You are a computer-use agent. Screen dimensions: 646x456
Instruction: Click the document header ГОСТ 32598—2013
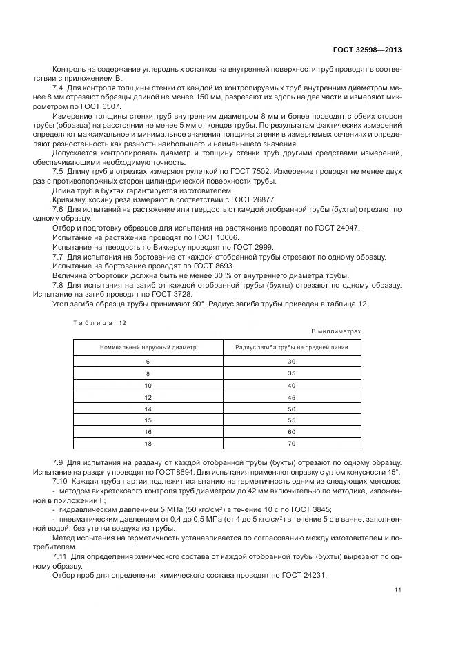(x=367, y=50)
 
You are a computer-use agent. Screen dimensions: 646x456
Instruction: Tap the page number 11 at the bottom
(x=398, y=590)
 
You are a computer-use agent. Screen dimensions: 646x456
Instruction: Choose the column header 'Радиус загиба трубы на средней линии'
(x=291, y=347)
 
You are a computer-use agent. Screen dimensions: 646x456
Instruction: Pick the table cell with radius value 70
(x=291, y=442)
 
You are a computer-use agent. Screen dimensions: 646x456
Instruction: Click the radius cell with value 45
(x=291, y=397)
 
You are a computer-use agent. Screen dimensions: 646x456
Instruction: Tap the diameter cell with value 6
(x=147, y=361)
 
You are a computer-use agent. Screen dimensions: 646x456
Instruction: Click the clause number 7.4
(x=58, y=88)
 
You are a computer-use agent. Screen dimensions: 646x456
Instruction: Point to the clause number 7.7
(x=58, y=257)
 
